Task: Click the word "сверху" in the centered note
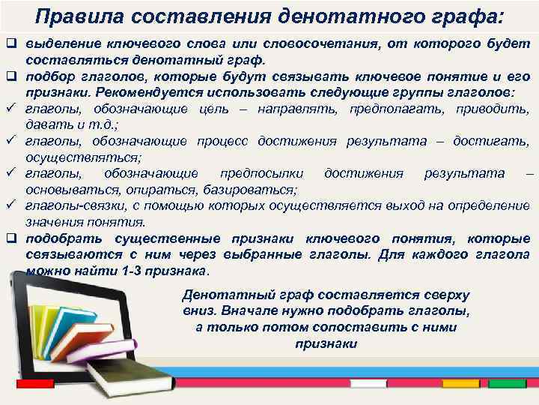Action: tap(442, 294)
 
